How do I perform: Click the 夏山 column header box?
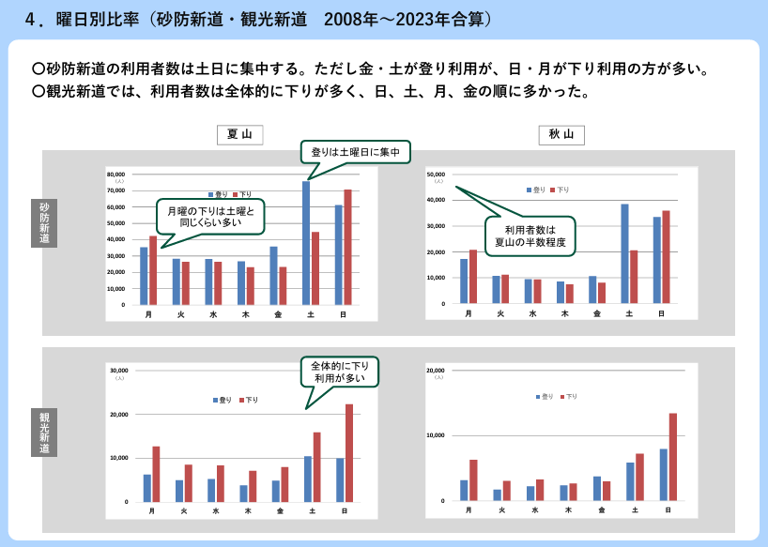(239, 135)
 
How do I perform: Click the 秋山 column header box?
(561, 135)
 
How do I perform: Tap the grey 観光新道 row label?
(44, 432)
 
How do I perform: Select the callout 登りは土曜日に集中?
(355, 152)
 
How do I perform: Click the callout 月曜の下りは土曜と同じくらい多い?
(210, 217)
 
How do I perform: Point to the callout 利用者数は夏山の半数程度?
(530, 236)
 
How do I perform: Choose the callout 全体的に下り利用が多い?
(340, 371)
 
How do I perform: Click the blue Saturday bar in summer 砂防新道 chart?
(306, 242)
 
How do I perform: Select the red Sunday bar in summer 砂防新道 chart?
(347, 247)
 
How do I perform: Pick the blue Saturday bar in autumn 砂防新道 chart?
(624, 253)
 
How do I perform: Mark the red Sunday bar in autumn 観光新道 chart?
(672, 457)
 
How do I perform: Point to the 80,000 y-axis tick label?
(115, 175)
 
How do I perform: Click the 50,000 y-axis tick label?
(437, 175)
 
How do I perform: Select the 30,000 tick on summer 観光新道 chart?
(119, 371)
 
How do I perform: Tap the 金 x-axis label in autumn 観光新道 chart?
(602, 509)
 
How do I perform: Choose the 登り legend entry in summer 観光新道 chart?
(222, 400)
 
